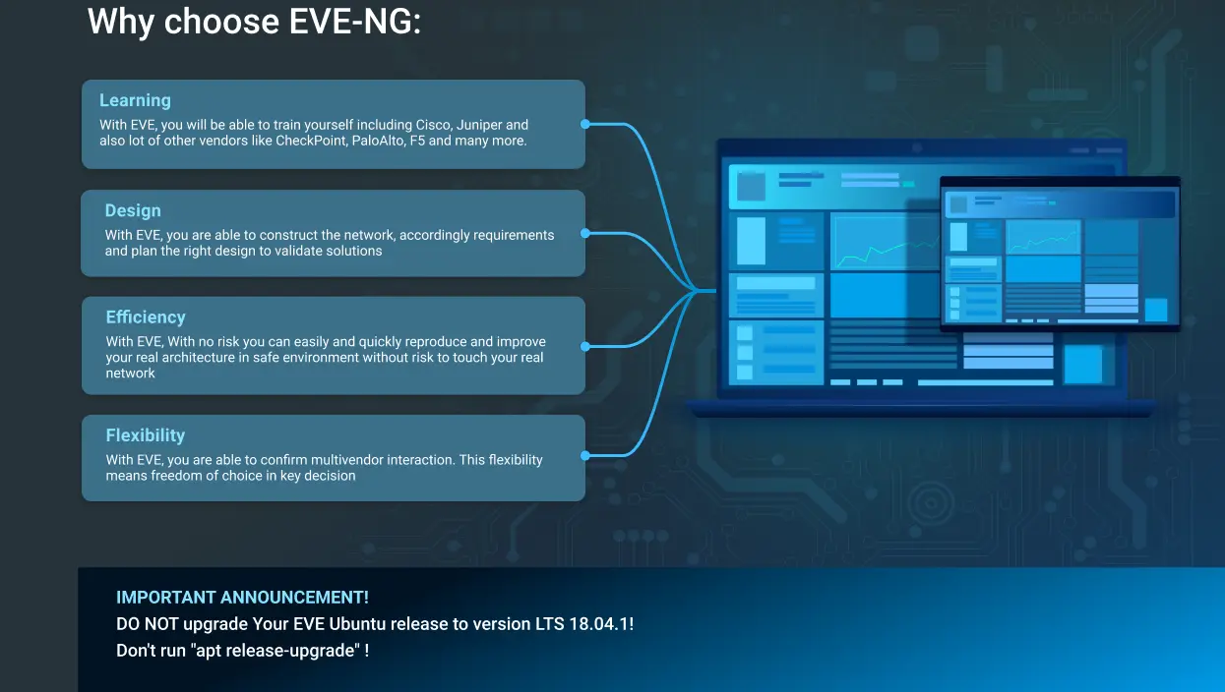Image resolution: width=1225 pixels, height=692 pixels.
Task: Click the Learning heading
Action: [135, 100]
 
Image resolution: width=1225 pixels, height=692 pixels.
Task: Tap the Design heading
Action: [133, 210]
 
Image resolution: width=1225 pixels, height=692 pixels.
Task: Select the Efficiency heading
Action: [146, 317]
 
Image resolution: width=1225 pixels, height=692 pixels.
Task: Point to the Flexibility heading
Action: [145, 435]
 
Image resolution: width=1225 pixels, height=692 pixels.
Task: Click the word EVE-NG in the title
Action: [354, 22]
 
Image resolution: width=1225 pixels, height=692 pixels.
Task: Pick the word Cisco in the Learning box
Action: [434, 125]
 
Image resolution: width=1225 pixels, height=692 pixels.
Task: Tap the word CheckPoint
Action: [311, 141]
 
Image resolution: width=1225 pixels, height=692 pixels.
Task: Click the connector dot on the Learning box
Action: [585, 125]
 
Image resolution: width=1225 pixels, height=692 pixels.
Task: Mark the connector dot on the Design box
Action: [585, 233]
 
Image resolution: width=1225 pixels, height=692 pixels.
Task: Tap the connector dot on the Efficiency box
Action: [585, 346]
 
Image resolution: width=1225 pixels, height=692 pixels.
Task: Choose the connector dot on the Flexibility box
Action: [585, 455]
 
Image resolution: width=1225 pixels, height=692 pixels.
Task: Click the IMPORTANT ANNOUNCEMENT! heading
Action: [242, 598]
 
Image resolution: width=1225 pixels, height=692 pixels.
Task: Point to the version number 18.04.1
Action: [599, 624]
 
